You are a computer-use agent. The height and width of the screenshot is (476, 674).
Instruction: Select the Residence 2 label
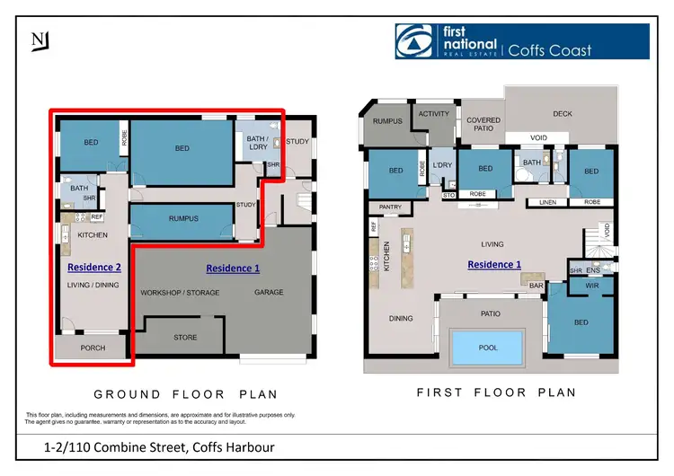pyautogui.click(x=93, y=267)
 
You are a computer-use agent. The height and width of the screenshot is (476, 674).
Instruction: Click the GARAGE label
pyautogui.click(x=269, y=292)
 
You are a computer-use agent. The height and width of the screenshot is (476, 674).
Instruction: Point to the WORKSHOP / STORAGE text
pyautogui.click(x=181, y=293)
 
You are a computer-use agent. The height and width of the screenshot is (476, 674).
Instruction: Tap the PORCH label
pyautogui.click(x=93, y=348)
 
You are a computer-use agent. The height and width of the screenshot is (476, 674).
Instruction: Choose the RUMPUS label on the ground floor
pyautogui.click(x=183, y=218)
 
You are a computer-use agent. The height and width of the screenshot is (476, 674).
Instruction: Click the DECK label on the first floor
pyautogui.click(x=562, y=114)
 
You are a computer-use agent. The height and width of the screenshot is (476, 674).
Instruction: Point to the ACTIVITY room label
pyautogui.click(x=433, y=114)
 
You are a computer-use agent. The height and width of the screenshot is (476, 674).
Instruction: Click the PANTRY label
pyautogui.click(x=389, y=207)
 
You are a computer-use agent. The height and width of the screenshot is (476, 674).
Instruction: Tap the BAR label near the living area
pyautogui.click(x=536, y=286)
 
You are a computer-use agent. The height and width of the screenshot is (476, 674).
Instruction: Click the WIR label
pyautogui.click(x=592, y=286)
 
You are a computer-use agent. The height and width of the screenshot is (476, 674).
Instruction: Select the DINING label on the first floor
pyautogui.click(x=401, y=318)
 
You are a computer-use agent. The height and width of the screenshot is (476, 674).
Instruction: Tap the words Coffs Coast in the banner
pyautogui.click(x=550, y=49)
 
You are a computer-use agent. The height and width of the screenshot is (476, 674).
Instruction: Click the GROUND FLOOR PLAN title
pyautogui.click(x=185, y=394)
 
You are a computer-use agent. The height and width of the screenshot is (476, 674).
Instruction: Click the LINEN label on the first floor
pyautogui.click(x=548, y=202)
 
